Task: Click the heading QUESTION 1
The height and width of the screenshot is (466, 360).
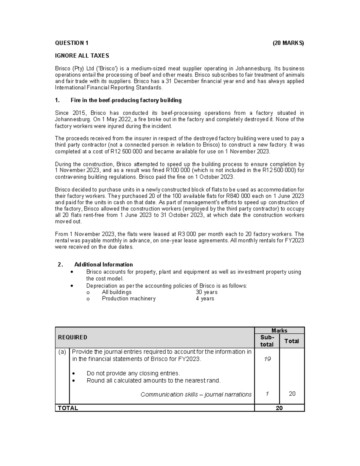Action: click(x=72, y=43)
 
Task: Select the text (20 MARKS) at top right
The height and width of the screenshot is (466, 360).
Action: click(x=288, y=43)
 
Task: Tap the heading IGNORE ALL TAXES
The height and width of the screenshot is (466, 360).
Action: click(x=82, y=56)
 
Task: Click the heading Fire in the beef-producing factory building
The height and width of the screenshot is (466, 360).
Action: click(x=126, y=100)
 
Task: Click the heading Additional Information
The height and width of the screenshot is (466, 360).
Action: click(x=103, y=264)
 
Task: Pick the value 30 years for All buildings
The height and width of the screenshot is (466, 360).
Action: click(x=206, y=292)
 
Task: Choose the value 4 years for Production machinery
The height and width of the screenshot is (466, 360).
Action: click(x=205, y=299)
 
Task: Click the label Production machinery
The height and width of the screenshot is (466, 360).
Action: click(x=129, y=299)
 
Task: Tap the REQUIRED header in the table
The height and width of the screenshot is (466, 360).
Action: click(x=73, y=337)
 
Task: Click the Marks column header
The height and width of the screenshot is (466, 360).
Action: click(x=279, y=330)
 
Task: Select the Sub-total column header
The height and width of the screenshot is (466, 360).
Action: click(x=267, y=341)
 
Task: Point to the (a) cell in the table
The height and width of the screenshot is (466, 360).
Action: click(x=62, y=352)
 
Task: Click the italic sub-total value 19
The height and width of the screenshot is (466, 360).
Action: click(x=267, y=359)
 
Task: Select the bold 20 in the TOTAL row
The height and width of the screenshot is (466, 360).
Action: click(x=279, y=408)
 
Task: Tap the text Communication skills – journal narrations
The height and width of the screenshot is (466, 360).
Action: click(x=196, y=394)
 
